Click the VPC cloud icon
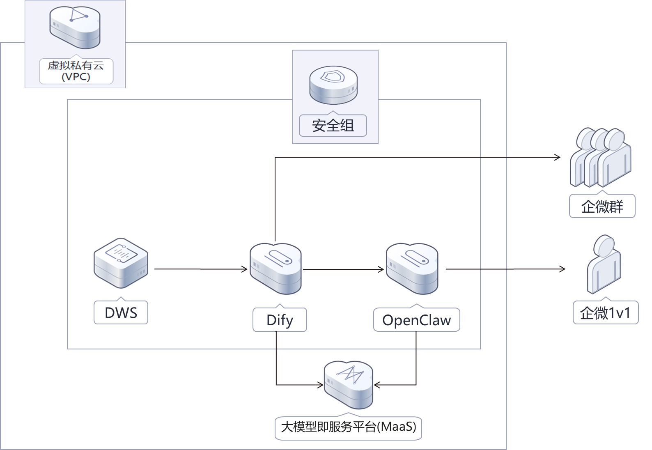(75, 28)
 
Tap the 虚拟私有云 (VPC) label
(76, 71)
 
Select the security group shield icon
(333, 85)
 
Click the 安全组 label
(333, 125)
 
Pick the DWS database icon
(121, 263)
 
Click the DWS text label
(121, 313)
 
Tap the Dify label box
(280, 320)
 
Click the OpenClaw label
(416, 320)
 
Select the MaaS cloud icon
(348, 384)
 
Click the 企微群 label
(602, 207)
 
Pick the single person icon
(604, 264)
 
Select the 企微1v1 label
(605, 313)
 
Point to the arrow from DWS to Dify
(201, 269)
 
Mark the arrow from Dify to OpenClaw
(343, 269)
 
